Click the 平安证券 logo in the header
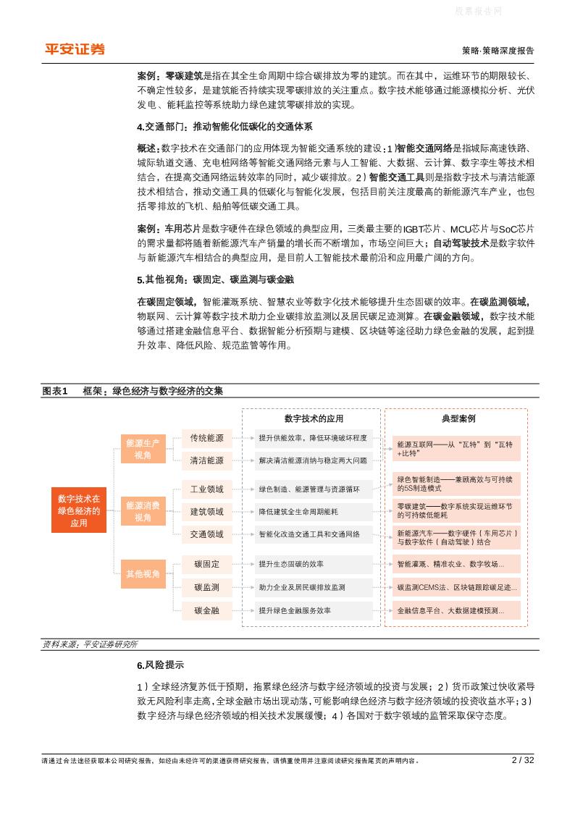(x=75, y=49)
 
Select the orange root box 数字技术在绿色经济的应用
(x=79, y=510)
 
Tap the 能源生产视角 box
(x=143, y=448)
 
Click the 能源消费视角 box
(x=143, y=511)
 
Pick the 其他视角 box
(x=143, y=573)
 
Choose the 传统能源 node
(x=206, y=438)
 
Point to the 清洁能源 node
(x=206, y=460)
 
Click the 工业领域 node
(x=206, y=489)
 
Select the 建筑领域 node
(x=206, y=512)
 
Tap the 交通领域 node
(x=206, y=534)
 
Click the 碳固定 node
(x=206, y=564)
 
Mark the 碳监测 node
(x=206, y=587)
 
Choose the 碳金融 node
(x=206, y=610)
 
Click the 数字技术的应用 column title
(x=314, y=418)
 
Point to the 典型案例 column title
(x=458, y=418)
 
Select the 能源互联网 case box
(x=457, y=447)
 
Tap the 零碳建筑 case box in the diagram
(x=457, y=510)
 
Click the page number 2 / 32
(x=522, y=760)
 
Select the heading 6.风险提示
(x=160, y=665)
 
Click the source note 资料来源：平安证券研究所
(x=90, y=644)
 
